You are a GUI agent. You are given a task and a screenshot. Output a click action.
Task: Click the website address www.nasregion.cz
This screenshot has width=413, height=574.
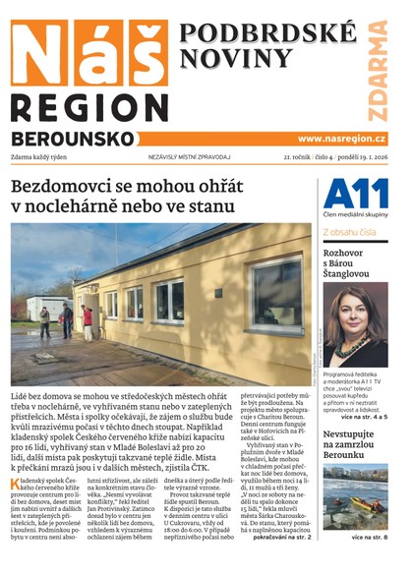(341, 139)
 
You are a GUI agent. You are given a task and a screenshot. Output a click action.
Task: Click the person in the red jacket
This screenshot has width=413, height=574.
(88, 317)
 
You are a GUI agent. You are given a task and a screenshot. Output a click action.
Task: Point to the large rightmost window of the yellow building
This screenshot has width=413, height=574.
(277, 293)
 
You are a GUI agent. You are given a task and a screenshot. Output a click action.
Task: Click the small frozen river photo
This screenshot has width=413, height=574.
(355, 496)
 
